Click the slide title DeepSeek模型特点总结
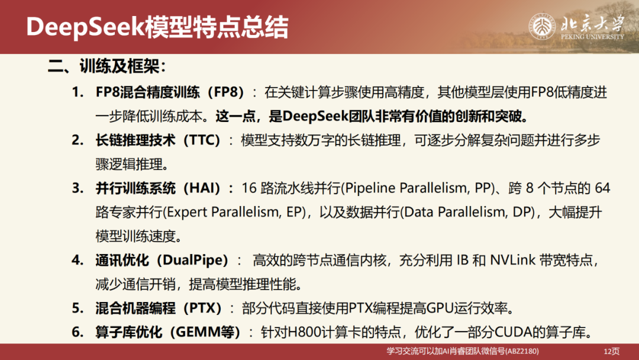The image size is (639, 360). (157, 27)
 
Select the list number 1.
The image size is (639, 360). (77, 92)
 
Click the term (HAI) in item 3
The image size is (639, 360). (205, 189)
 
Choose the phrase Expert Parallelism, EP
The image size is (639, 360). (235, 213)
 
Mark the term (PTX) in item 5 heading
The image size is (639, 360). (202, 308)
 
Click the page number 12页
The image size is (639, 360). (611, 351)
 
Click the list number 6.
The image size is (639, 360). (77, 332)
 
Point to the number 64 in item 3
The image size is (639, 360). (602, 189)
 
